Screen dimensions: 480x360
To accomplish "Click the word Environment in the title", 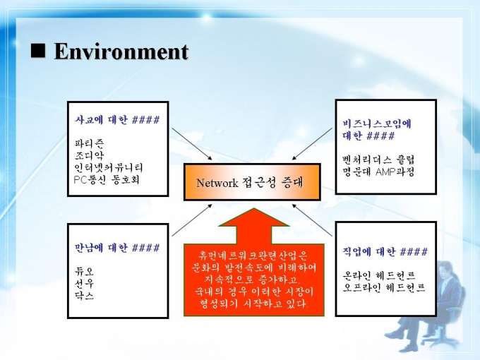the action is (x=121, y=51).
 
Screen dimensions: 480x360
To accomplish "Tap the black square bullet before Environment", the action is (x=38, y=51).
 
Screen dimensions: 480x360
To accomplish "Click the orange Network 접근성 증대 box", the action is (x=252, y=182).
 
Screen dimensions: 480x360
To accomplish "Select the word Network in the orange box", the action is (x=217, y=183).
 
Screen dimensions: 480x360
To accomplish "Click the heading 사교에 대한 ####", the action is (x=117, y=120).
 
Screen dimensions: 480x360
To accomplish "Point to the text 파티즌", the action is (x=89, y=143).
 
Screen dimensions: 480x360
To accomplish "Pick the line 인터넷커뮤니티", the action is (x=109, y=167).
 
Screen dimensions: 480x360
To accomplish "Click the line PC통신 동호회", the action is (x=107, y=179).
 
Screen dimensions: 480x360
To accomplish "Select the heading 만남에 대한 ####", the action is (x=117, y=247).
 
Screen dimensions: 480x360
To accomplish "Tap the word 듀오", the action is (x=84, y=271).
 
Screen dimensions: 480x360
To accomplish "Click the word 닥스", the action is (x=84, y=295).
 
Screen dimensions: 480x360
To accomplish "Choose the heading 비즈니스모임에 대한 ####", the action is (x=377, y=129).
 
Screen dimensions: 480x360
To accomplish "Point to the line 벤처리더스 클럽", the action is (x=378, y=160).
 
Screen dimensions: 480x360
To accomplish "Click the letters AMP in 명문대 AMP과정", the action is (x=385, y=172).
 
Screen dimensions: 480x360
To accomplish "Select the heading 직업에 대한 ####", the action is (x=385, y=251).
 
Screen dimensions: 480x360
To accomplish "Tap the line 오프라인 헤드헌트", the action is (x=384, y=288).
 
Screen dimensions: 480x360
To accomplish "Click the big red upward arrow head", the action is (x=254, y=217).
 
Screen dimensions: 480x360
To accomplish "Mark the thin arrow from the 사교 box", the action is (x=192, y=143).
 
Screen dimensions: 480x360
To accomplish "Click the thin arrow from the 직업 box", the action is (x=312, y=220).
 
